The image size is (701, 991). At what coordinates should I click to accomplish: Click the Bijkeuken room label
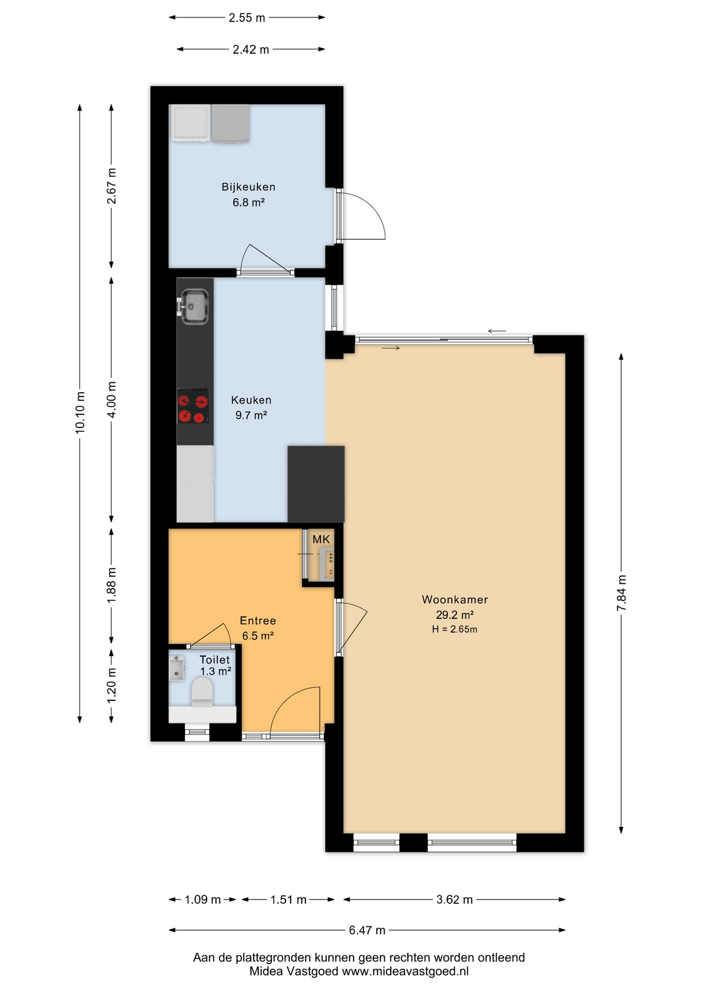(x=248, y=187)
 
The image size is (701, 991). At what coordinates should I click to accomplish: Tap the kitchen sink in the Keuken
(x=194, y=306)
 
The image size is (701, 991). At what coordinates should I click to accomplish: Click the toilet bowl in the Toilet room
(x=202, y=692)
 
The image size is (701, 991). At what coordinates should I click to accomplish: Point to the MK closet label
(x=321, y=539)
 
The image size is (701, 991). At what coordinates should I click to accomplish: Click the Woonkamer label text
(x=455, y=600)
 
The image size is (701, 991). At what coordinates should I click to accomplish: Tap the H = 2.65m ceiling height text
(x=455, y=629)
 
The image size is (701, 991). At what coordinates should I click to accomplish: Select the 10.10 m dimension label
(x=80, y=412)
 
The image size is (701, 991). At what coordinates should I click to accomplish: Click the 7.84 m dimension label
(x=622, y=593)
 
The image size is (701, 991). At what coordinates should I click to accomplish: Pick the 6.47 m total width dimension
(x=367, y=930)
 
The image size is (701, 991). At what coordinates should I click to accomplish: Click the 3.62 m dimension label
(x=454, y=900)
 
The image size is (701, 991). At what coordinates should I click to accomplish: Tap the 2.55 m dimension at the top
(x=247, y=18)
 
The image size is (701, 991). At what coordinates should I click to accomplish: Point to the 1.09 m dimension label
(x=203, y=900)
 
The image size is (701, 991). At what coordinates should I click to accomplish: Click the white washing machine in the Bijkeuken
(x=190, y=123)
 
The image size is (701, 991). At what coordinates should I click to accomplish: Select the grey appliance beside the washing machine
(x=230, y=123)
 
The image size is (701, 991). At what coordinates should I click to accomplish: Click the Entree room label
(x=258, y=621)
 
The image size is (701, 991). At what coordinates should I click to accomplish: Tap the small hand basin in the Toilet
(x=177, y=668)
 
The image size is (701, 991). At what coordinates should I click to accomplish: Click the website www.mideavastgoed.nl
(x=406, y=971)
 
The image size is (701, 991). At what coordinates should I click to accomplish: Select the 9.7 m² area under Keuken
(x=251, y=415)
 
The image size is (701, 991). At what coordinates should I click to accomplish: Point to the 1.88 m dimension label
(x=111, y=585)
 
